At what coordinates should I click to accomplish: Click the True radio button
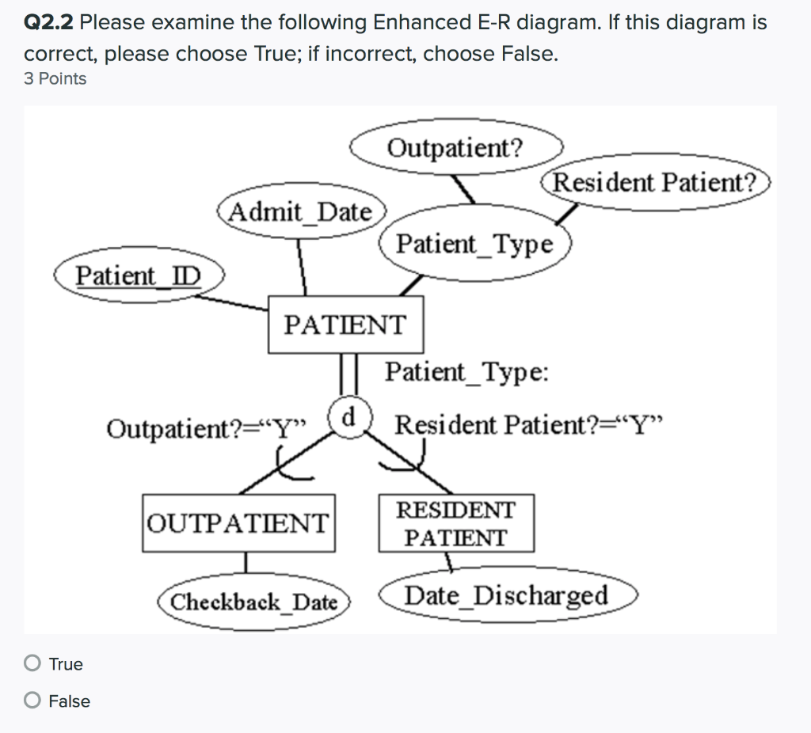tap(32, 663)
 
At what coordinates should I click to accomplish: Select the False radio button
tap(32, 701)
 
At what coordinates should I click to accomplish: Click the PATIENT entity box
tap(345, 325)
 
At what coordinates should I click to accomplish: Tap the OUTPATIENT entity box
tap(238, 522)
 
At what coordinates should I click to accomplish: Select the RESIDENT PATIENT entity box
tap(455, 523)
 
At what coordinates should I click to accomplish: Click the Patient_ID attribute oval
tap(139, 276)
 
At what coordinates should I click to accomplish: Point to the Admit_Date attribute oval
tap(300, 211)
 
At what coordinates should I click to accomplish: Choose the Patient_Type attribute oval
tap(474, 243)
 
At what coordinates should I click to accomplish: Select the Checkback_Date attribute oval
tap(254, 602)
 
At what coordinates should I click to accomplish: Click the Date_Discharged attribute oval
tap(507, 595)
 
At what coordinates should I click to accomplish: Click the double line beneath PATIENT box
tap(346, 374)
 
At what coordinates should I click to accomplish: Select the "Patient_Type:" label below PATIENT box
tap(466, 371)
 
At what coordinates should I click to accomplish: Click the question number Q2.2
tap(49, 23)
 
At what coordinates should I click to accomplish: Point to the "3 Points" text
tap(55, 78)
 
